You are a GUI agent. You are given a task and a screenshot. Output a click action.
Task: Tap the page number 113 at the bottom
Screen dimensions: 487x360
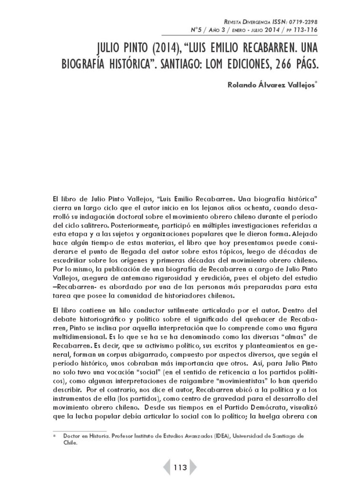[x=180, y=468]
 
